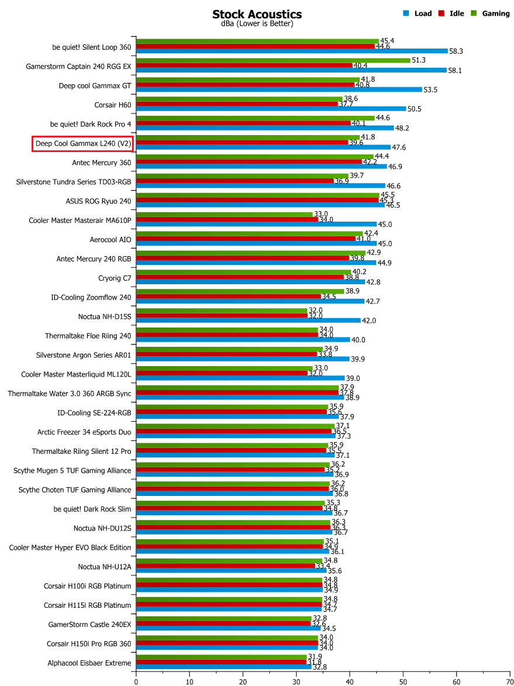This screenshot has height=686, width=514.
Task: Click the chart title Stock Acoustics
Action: click(x=256, y=14)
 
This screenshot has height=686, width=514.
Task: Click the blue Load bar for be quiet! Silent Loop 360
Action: click(x=291, y=51)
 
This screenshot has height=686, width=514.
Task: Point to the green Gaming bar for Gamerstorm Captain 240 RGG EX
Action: click(x=273, y=60)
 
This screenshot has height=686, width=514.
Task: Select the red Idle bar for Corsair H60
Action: click(x=237, y=104)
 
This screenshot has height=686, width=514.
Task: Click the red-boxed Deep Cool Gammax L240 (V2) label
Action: click(x=84, y=143)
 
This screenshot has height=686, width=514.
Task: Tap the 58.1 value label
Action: click(x=456, y=70)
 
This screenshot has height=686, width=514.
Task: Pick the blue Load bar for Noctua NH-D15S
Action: click(x=248, y=320)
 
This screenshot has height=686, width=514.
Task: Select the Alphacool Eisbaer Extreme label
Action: click(x=89, y=663)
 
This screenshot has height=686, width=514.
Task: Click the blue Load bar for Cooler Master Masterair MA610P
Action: click(x=256, y=224)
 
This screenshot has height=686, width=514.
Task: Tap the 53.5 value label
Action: click(x=431, y=89)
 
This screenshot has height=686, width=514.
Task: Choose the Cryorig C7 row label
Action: click(x=114, y=278)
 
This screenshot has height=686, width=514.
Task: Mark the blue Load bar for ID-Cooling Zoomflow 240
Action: click(x=250, y=301)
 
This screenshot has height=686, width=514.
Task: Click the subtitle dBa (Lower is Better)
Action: click(x=256, y=24)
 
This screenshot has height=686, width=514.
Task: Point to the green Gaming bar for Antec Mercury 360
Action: click(x=254, y=157)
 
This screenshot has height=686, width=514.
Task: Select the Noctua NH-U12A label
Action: click(x=105, y=567)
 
